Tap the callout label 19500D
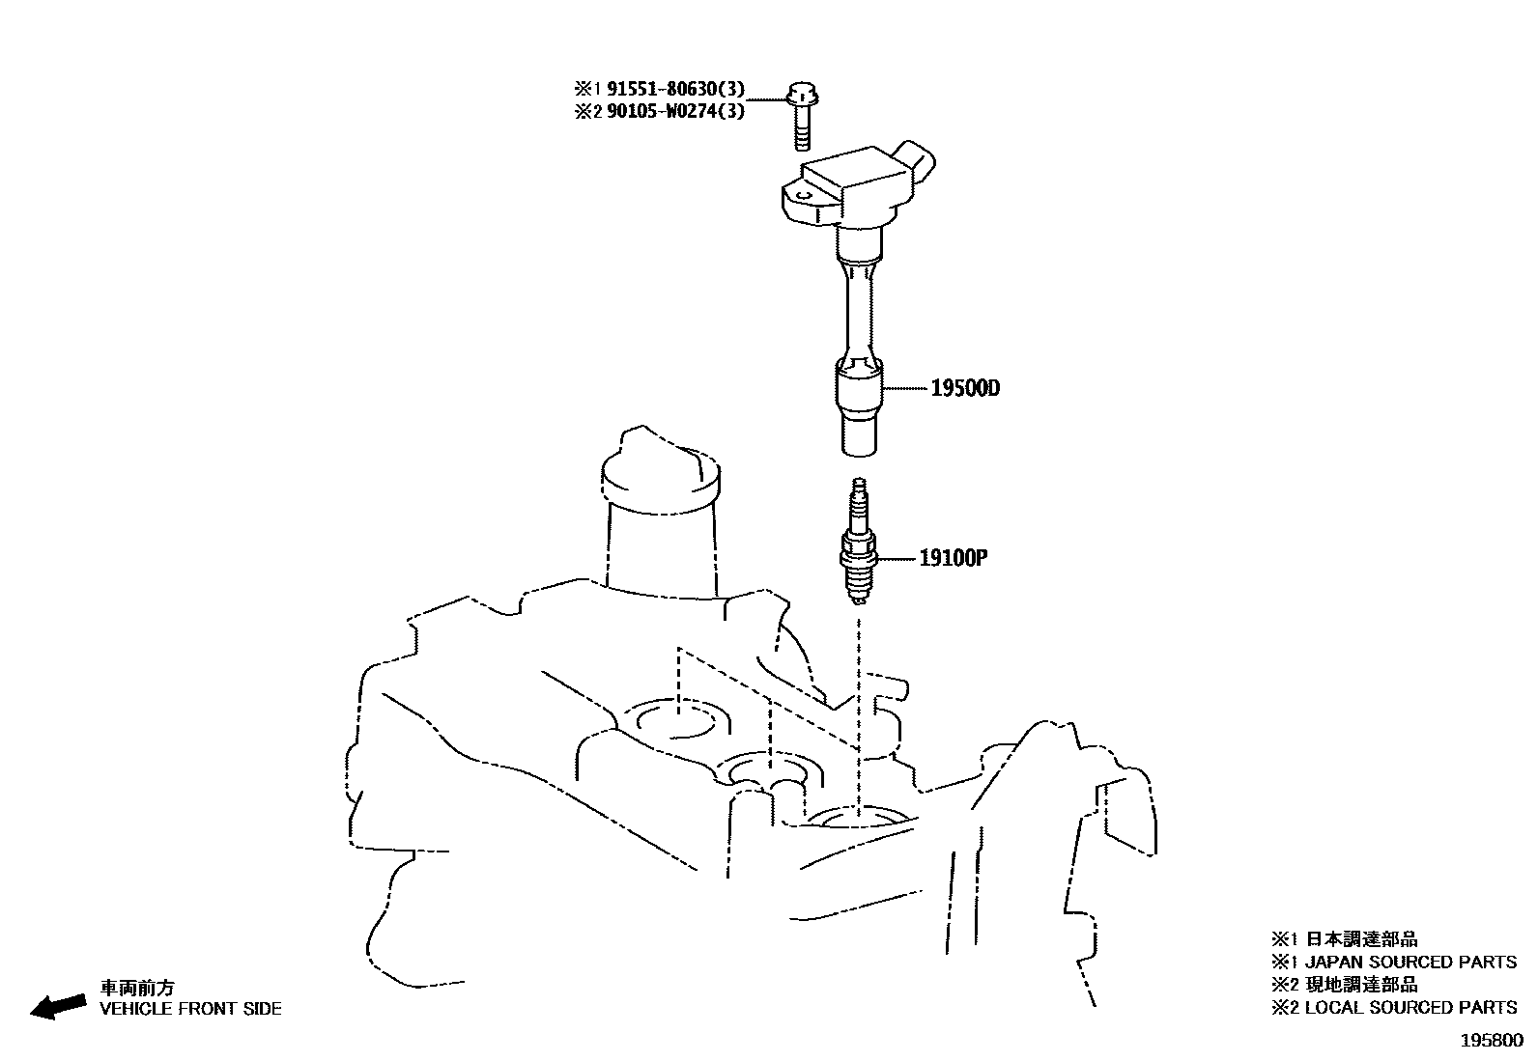click(x=965, y=389)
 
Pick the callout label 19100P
click(x=952, y=558)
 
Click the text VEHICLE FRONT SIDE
click(x=191, y=1009)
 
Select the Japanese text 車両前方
click(x=139, y=989)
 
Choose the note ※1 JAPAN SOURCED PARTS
click(x=1393, y=962)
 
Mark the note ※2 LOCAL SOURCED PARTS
click(x=1393, y=1007)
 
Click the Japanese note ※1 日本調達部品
click(x=1344, y=938)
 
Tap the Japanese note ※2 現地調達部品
click(x=1344, y=984)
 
